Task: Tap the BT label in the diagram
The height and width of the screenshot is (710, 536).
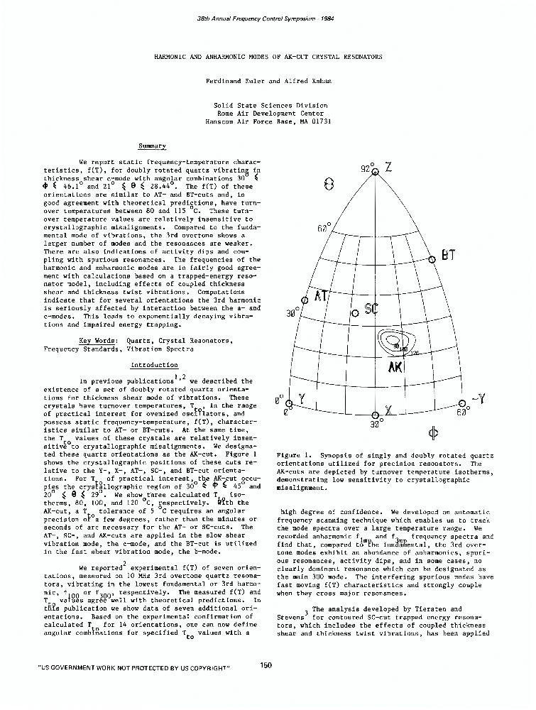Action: pos(448,254)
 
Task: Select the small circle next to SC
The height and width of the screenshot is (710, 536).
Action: pos(354,312)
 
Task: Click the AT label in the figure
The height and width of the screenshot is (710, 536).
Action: pos(319,296)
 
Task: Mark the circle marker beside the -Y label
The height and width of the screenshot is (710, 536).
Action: pos(454,403)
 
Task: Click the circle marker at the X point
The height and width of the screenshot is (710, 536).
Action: pos(376,415)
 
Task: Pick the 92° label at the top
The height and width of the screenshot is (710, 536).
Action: pos(365,169)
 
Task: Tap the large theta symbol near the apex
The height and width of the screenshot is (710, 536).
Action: pos(328,184)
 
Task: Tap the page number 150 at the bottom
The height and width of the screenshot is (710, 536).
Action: pos(267,665)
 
